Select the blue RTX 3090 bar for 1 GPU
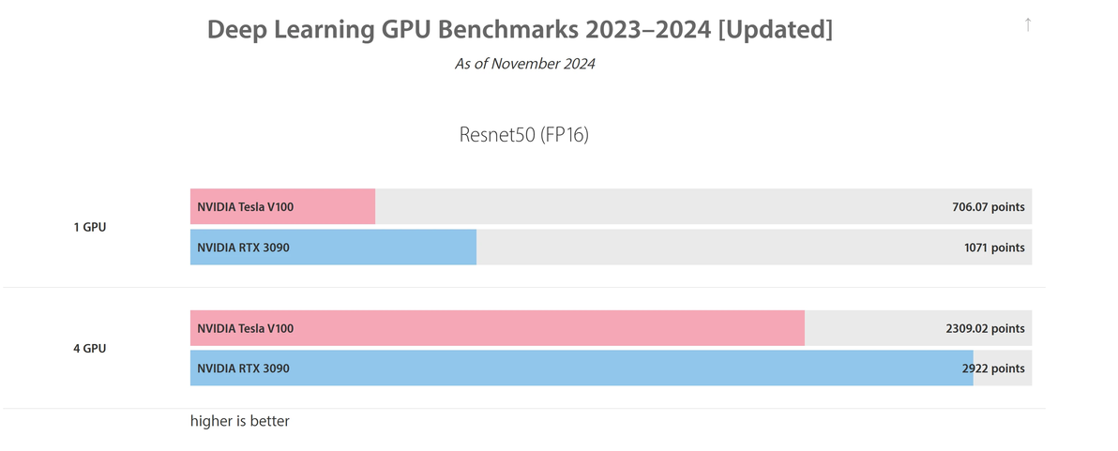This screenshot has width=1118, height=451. pos(394,248)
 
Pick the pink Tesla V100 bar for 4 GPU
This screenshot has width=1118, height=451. pos(563,328)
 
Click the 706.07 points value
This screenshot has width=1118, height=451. pos(988,207)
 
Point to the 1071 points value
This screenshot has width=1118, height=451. pos(994,248)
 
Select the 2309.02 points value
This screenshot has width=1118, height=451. pos(985,329)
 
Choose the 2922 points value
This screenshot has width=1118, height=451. pos(993,368)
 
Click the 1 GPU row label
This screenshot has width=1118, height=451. pos(90,227)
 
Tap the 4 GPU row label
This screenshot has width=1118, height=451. pos(90,349)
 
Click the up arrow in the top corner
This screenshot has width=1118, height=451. pos(1028,24)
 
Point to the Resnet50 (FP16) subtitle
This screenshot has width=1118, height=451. pos(524,135)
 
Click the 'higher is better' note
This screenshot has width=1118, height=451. pos(240,422)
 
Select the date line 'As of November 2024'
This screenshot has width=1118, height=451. pos(525,64)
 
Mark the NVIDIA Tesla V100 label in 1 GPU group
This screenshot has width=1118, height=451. pos(245,207)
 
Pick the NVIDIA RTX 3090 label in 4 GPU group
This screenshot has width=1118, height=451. pos(243,368)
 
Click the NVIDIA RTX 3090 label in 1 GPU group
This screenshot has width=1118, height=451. pos(243,248)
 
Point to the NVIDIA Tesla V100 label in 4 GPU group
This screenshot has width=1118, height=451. pos(245,329)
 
